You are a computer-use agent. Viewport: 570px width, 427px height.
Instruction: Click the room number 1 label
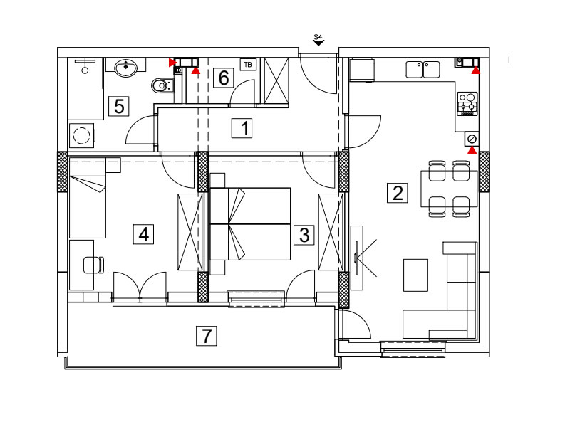tap(242, 128)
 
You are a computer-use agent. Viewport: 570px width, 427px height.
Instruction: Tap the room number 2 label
tap(397, 193)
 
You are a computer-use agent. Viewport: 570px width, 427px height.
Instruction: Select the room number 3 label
tap(304, 235)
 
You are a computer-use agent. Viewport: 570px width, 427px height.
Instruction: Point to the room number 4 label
tap(143, 234)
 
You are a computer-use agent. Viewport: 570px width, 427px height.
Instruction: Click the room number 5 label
tap(119, 106)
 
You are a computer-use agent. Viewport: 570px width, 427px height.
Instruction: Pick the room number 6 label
tap(223, 78)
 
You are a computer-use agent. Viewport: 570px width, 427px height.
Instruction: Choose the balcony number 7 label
tap(207, 336)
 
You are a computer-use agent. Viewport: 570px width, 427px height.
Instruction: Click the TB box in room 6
tap(248, 65)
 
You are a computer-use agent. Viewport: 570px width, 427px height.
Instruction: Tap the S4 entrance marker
tap(318, 40)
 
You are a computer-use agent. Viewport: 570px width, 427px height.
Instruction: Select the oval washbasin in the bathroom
tap(126, 68)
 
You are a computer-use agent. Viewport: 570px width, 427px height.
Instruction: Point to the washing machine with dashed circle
tap(81, 135)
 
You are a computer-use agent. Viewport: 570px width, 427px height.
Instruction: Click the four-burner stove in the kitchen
tap(467, 104)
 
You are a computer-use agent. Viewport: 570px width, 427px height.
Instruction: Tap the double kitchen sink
tap(423, 70)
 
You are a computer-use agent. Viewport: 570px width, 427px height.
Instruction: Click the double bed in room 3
tap(251, 223)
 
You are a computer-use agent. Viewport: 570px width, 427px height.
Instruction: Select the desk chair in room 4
tap(94, 265)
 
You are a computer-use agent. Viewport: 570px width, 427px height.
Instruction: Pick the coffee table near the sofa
tap(415, 275)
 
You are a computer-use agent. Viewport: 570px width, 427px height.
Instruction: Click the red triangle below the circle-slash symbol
tap(472, 150)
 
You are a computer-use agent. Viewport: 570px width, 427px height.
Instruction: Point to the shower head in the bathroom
tap(85, 66)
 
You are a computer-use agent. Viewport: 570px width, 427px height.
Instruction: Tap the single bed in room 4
tap(88, 198)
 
